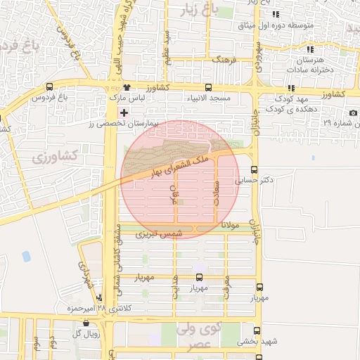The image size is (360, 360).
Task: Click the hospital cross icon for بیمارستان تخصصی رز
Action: [x=124, y=112]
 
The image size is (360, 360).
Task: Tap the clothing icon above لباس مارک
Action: [x=127, y=87]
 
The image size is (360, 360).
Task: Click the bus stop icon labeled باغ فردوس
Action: [x=49, y=87]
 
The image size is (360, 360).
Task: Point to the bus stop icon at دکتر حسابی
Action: [x=255, y=169]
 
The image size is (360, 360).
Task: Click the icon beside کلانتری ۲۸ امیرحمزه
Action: [x=99, y=298]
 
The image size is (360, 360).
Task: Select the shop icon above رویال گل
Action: [x=86, y=323]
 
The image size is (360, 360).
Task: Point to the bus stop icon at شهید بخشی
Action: [x=257, y=330]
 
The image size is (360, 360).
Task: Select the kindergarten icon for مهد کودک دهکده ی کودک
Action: [x=290, y=89]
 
